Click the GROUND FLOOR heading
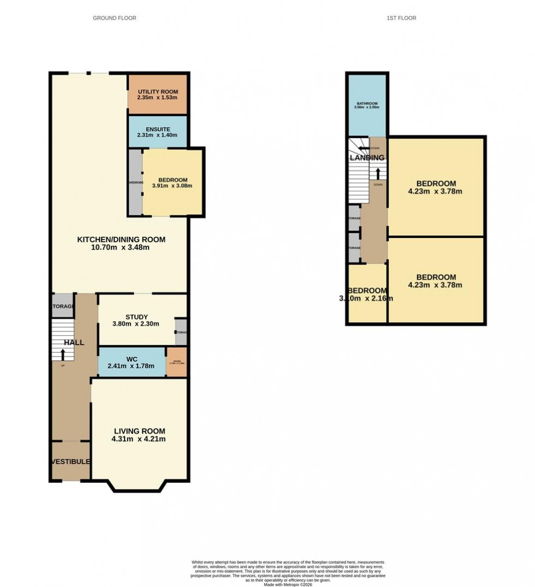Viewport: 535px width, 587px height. (x=114, y=18)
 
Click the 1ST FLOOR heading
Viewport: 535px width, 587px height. (x=401, y=18)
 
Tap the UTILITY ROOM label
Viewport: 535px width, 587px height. (x=158, y=91)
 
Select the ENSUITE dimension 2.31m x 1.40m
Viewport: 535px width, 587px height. (x=157, y=135)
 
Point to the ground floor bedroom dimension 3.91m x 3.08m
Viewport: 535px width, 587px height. (x=173, y=186)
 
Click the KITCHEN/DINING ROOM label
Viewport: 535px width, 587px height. (x=121, y=239)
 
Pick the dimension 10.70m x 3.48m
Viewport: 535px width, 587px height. (x=121, y=247)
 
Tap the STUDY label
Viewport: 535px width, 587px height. (x=136, y=317)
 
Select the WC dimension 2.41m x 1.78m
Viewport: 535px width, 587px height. (x=132, y=366)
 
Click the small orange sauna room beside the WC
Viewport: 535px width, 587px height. (x=176, y=363)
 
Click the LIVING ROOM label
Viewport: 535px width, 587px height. (x=139, y=430)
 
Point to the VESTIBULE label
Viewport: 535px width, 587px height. (x=70, y=461)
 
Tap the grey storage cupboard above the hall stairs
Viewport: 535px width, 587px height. (x=62, y=307)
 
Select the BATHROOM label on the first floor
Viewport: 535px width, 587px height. (x=366, y=103)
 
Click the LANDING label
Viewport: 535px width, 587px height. (x=367, y=158)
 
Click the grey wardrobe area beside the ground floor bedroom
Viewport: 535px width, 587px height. (x=135, y=182)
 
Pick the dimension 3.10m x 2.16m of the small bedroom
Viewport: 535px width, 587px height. (x=366, y=299)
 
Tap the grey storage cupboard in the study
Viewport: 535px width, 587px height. (x=181, y=332)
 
